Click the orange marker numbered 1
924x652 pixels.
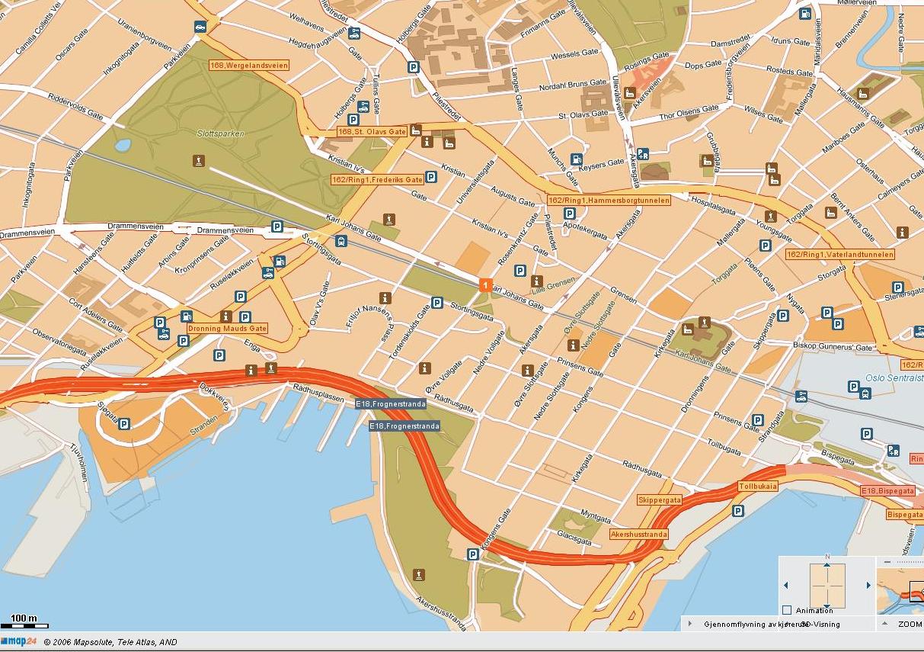tap(485, 284)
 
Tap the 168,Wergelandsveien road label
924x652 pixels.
tap(249, 66)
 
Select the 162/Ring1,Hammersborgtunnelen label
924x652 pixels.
tap(609, 201)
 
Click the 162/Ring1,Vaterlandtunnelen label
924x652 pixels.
tap(840, 254)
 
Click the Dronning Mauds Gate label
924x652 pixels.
tap(227, 329)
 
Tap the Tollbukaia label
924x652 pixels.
tap(758, 486)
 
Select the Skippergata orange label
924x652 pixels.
tap(659, 499)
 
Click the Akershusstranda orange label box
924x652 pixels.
tap(638, 535)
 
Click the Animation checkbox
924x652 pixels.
tap(787, 610)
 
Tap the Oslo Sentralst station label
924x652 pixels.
tap(894, 377)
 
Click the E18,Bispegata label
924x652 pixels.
tap(887, 491)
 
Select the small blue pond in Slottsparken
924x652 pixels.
tap(122, 144)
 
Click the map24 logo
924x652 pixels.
tap(18, 642)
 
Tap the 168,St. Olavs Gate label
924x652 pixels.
tap(372, 132)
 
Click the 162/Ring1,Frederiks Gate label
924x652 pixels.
tap(376, 180)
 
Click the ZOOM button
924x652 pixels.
tap(909, 624)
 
